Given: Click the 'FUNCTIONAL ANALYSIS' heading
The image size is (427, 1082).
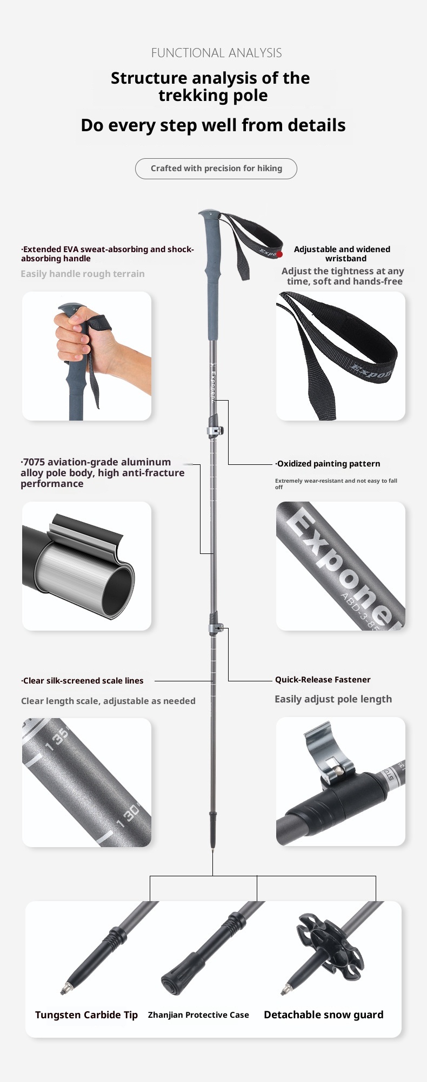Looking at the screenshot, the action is click(x=216, y=53).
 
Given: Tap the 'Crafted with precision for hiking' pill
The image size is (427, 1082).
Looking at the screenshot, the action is click(x=216, y=168).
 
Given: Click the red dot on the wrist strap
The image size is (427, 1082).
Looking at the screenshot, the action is click(x=279, y=254).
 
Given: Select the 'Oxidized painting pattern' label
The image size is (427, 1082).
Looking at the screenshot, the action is click(x=328, y=464).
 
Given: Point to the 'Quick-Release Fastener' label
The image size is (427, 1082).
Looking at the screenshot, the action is click(x=323, y=680).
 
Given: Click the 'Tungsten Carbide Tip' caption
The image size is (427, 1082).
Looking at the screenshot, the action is click(x=86, y=1015).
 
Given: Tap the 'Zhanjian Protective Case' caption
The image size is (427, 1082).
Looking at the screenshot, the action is click(x=198, y=1015).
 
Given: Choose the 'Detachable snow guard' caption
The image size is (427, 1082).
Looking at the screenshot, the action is click(x=324, y=1015).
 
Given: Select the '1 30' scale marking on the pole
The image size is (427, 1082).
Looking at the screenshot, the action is click(x=129, y=816).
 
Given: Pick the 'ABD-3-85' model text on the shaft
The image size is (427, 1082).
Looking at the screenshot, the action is click(x=368, y=611).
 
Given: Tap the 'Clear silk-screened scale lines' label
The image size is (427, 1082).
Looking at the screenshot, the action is click(x=82, y=681).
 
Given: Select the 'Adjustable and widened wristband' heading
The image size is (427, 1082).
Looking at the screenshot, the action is click(x=342, y=254).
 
